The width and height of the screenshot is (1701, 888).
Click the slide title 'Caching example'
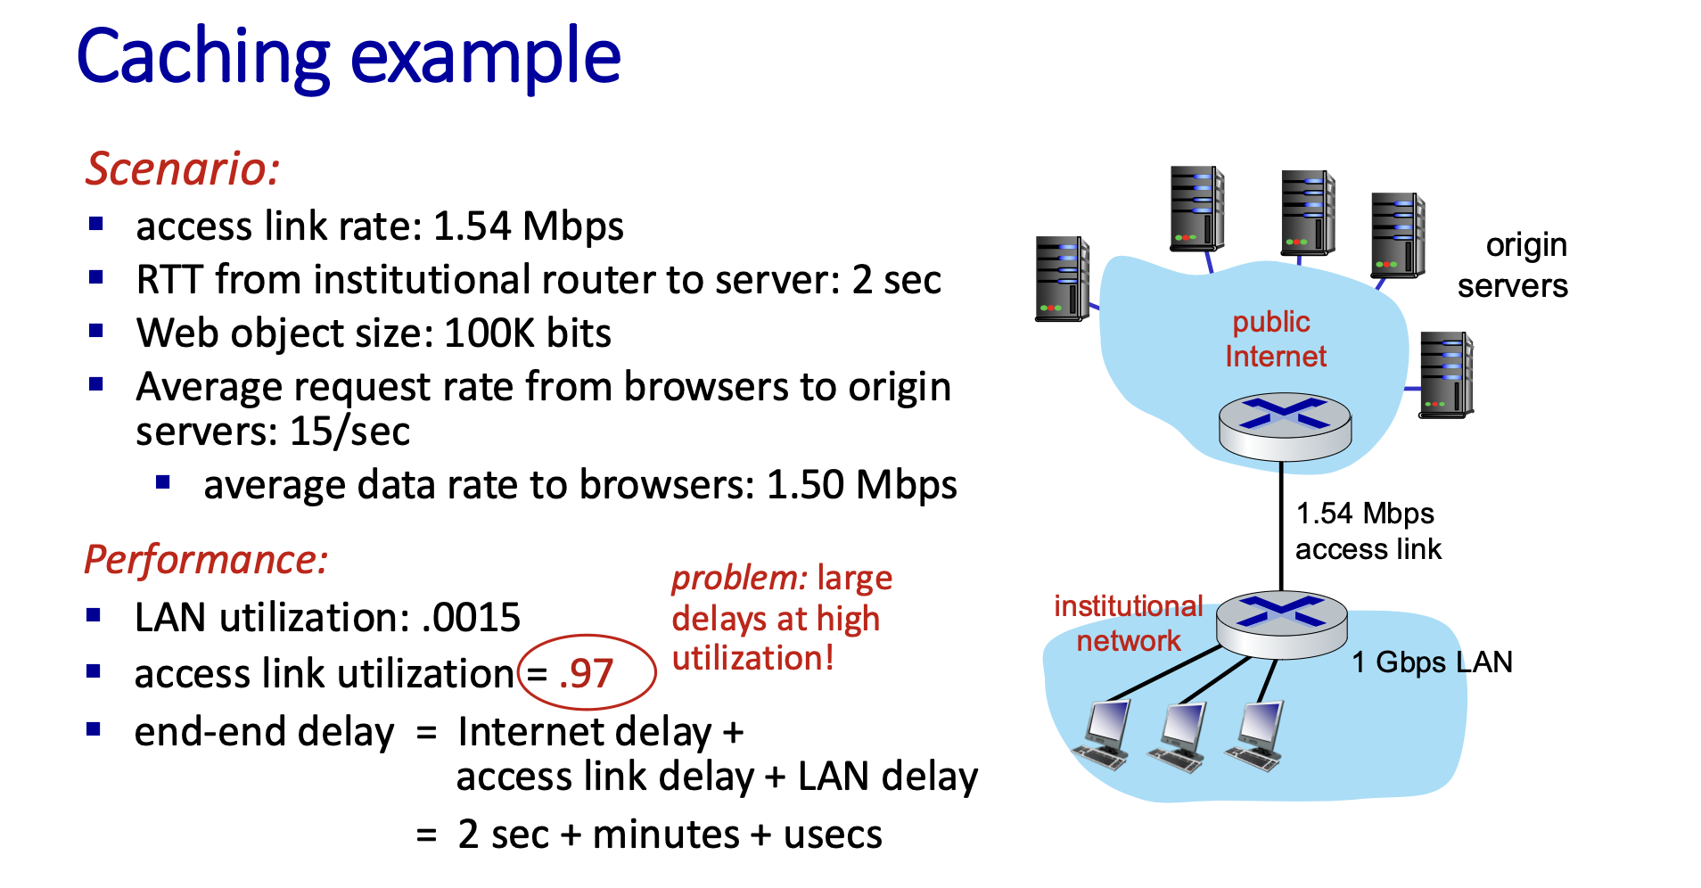[349, 57]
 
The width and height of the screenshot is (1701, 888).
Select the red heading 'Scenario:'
[183, 169]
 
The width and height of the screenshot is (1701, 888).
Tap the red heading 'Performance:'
[206, 560]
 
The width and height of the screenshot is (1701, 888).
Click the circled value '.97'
[586, 673]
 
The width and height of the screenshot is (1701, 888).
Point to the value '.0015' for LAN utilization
[472, 617]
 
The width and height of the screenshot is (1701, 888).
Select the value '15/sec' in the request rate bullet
[349, 432]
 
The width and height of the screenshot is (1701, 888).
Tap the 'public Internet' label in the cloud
[1275, 339]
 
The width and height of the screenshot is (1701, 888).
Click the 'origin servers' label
[1513, 265]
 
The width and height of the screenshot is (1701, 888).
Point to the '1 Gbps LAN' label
[1432, 662]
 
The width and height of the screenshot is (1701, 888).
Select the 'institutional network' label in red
[1129, 623]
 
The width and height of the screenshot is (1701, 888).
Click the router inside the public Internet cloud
[1285, 425]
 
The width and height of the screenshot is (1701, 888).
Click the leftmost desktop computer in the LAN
[1104, 735]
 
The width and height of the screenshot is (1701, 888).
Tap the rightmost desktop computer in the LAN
[1256, 736]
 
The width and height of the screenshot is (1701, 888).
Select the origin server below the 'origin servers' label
[1446, 374]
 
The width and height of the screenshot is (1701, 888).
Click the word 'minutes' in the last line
[666, 835]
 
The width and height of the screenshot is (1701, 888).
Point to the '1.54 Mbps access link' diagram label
[1368, 531]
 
